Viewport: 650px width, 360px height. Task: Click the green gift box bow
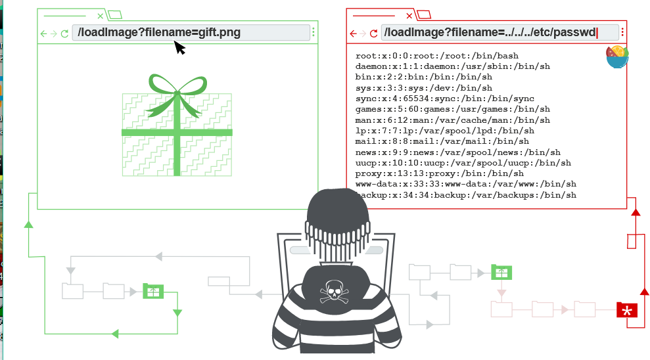[x=176, y=89]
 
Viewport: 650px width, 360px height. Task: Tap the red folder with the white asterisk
[x=627, y=310]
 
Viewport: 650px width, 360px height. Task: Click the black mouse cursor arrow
[x=179, y=48]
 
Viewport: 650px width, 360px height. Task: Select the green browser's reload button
[x=64, y=33]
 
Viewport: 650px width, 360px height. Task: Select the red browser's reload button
[x=374, y=33]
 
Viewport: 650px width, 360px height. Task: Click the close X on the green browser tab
[x=100, y=15]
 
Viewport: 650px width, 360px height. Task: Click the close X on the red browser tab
[x=409, y=15]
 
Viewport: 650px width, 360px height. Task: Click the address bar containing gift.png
[x=191, y=32]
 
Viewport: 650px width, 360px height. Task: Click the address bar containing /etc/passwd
[x=499, y=32]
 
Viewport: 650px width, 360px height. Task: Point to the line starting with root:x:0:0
[x=436, y=56]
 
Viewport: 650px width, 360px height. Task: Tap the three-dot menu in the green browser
[x=313, y=32]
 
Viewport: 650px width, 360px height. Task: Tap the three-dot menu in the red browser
[x=622, y=32]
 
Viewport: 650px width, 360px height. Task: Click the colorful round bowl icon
[x=617, y=56]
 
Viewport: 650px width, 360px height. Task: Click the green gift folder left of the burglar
[x=153, y=290]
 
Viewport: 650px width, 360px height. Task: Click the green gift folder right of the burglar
[x=501, y=271]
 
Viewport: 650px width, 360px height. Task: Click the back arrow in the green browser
[x=44, y=33]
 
